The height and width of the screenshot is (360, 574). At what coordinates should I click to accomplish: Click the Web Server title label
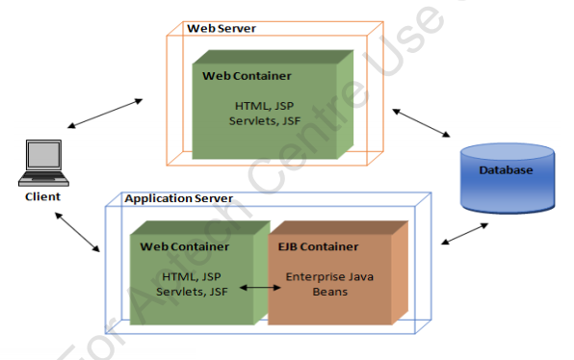coord(222,28)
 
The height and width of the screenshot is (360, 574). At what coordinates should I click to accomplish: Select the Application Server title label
coord(178,198)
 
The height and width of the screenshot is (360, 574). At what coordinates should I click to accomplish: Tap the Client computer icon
coord(43,164)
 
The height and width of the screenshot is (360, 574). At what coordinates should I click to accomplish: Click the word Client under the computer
coord(43,196)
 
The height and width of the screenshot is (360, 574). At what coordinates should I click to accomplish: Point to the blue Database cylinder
coord(507,178)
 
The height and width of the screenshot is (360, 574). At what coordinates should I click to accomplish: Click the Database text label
coord(507,170)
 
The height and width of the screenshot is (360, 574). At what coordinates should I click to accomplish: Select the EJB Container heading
coord(318,246)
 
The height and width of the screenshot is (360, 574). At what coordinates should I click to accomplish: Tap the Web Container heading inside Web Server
coord(248,75)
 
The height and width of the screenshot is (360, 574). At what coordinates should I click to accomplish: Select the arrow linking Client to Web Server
coord(106,113)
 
